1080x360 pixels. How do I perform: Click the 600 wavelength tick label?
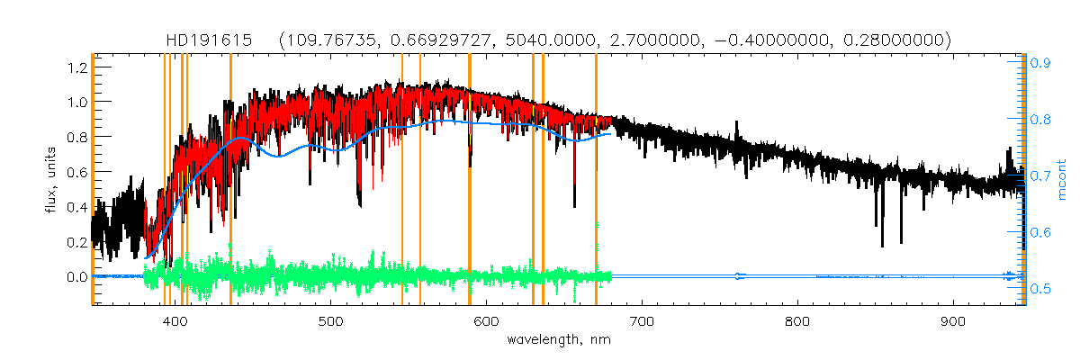pos(486,321)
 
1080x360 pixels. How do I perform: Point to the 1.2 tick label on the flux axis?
pos(76,67)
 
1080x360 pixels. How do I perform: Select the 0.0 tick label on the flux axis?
pos(76,277)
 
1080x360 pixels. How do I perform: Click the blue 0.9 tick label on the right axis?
pos(1041,63)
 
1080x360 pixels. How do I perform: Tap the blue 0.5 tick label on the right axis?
pos(1041,289)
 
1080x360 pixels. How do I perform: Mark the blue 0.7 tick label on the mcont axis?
pos(1041,176)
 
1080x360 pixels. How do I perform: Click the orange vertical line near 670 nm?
pos(596,180)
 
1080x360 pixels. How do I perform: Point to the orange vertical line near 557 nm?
pos(420,180)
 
